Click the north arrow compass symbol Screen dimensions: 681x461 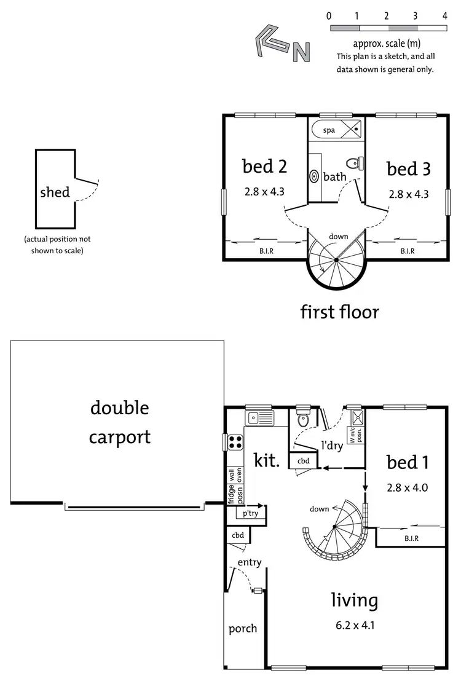(282, 44)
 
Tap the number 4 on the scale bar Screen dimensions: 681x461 (444, 15)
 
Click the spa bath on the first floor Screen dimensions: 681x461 (336, 130)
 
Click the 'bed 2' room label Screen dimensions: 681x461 (264, 166)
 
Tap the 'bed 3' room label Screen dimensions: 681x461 (408, 168)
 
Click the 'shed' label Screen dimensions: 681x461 (55, 192)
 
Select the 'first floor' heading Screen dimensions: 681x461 (339, 312)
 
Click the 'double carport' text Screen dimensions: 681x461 (120, 422)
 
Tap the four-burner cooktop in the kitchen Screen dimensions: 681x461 (235, 443)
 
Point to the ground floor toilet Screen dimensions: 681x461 (303, 420)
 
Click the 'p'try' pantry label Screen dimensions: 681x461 (250, 513)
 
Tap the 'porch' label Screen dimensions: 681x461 (243, 628)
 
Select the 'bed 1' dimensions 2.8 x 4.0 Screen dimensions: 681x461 (407, 488)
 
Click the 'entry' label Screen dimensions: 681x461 (250, 562)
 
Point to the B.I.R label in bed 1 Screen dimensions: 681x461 (411, 538)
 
